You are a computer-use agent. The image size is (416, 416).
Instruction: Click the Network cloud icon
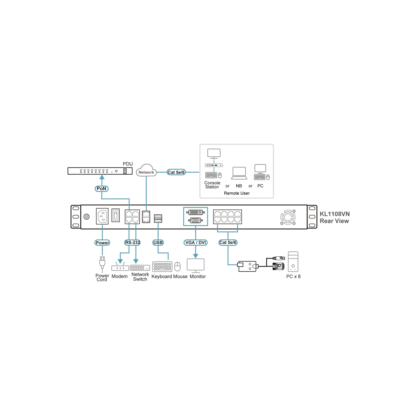click(146, 171)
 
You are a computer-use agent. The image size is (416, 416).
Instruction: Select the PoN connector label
click(101, 188)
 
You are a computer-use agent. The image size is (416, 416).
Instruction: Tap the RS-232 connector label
click(133, 243)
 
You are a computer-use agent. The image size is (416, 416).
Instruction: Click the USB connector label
click(158, 243)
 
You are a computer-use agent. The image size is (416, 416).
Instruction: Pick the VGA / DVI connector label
click(196, 243)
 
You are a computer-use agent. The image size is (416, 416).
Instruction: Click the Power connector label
click(102, 243)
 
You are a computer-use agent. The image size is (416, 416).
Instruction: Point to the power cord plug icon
click(102, 263)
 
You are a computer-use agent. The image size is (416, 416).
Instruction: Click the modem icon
click(120, 266)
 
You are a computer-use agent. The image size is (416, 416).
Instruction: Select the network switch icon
click(140, 268)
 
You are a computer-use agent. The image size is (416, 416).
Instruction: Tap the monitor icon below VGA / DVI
click(196, 265)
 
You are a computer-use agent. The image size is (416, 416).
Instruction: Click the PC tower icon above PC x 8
click(293, 262)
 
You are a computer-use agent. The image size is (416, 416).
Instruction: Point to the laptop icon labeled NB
click(239, 173)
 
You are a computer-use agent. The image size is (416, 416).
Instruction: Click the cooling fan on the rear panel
click(288, 217)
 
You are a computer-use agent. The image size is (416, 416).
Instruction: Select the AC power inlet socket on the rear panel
click(102, 216)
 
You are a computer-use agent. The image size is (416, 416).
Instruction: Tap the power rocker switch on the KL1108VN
click(116, 215)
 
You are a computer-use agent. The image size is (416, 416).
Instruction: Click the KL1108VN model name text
click(335, 214)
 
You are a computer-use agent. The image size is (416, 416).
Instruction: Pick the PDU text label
click(128, 164)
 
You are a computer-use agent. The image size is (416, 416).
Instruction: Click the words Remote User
click(237, 193)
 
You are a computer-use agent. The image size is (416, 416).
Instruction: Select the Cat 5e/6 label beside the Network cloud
click(176, 172)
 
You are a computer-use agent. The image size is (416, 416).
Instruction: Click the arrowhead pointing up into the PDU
click(102, 177)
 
